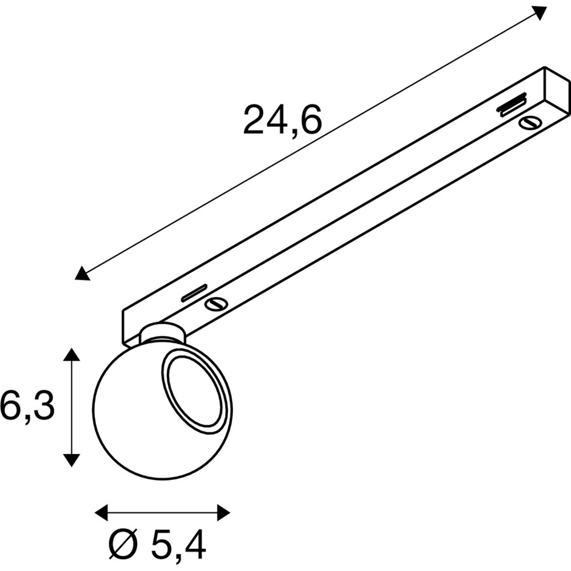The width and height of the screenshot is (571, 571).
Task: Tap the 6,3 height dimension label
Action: point(27,405)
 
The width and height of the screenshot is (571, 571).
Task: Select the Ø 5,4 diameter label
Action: point(158,545)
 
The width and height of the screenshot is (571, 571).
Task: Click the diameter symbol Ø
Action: point(124,544)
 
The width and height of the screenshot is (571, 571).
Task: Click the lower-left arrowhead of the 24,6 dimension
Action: point(82,273)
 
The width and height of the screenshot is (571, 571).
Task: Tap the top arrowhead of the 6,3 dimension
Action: point(71,355)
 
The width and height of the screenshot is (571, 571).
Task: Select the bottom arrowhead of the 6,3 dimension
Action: point(71,460)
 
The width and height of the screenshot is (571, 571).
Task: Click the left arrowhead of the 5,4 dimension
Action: point(102,513)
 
